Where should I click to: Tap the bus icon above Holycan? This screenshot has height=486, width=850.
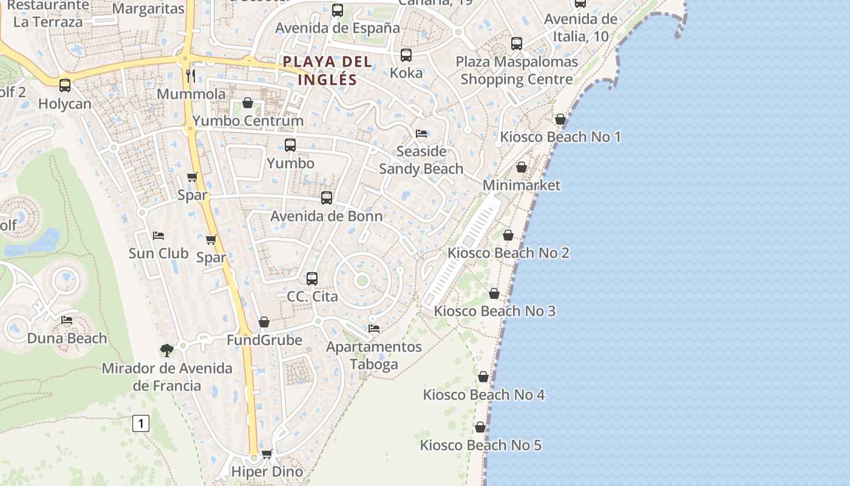click(65, 86)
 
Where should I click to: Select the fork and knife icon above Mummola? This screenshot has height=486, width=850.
click(191, 75)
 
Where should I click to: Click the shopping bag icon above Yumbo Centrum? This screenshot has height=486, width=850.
click(248, 103)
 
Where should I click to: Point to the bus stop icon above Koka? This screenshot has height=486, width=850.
click(406, 55)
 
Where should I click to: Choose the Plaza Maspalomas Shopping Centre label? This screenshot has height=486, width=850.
click(517, 70)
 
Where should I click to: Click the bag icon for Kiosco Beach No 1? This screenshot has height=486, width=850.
click(560, 119)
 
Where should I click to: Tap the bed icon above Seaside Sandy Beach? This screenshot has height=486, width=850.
click(421, 133)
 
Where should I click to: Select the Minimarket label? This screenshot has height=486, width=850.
click(522, 185)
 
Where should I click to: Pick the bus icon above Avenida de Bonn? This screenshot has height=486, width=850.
click(327, 198)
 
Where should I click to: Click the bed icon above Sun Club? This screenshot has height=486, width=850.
click(158, 235)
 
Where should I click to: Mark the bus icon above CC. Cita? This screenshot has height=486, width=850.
click(312, 279)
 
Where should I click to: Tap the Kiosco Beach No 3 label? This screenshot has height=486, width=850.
click(494, 311)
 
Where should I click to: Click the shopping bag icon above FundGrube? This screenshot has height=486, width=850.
click(264, 322)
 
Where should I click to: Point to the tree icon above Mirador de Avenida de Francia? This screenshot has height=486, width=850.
click(166, 350)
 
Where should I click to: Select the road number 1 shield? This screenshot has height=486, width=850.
click(141, 423)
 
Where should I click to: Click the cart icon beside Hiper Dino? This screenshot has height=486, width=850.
click(267, 454)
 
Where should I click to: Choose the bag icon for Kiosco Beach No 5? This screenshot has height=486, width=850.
click(480, 428)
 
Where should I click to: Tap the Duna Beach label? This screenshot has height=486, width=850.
click(67, 338)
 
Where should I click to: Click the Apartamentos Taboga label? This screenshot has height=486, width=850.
click(374, 355)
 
